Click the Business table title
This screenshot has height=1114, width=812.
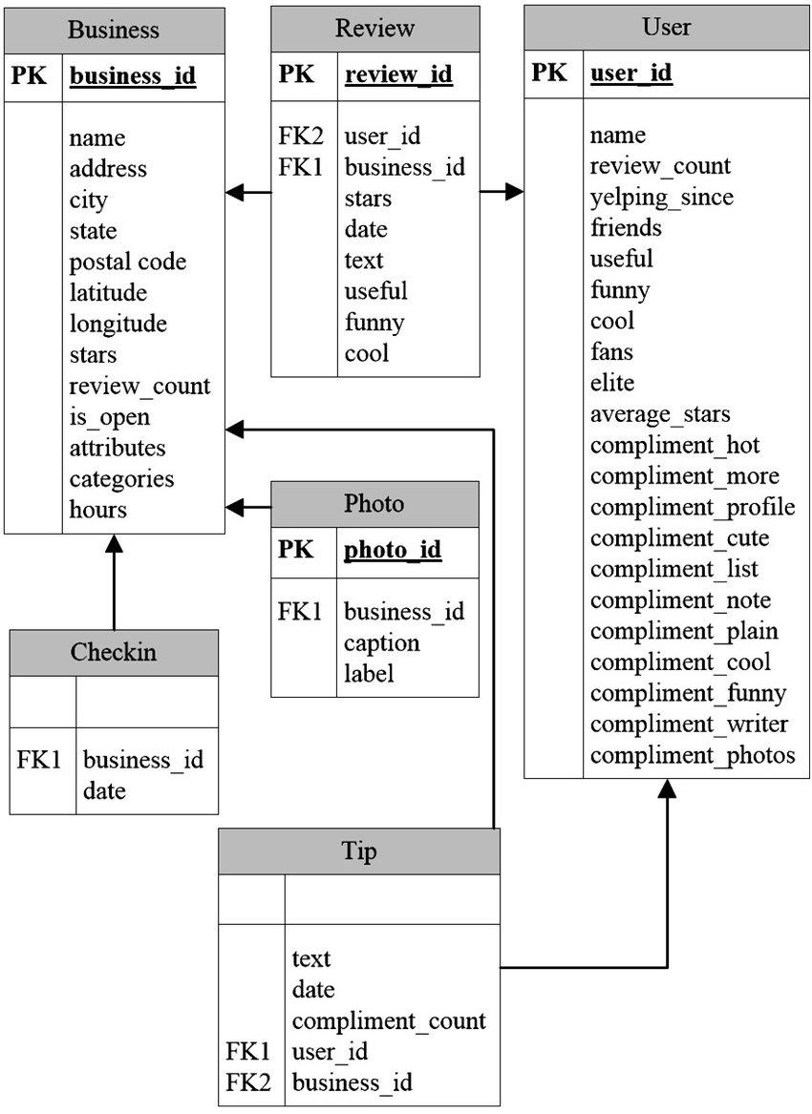pos(113,30)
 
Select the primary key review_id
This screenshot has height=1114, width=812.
pos(398,74)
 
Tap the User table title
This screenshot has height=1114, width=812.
pos(666,27)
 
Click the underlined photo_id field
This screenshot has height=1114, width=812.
pos(393,550)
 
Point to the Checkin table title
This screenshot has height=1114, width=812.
pos(113,652)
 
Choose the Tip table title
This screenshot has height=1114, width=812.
pos(358,851)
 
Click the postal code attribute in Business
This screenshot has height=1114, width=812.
pos(128,262)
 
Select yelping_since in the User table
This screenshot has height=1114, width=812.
pos(661,198)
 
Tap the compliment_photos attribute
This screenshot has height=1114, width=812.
pos(693,755)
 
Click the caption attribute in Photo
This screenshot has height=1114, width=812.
pos(382,643)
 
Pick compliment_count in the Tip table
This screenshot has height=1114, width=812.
pos(389,1021)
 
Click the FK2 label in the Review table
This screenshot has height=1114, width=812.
pos(301,136)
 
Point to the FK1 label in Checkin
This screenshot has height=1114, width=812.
pos(40,760)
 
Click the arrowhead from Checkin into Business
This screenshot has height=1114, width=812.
pos(114,543)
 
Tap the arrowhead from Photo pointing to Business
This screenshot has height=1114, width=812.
pos(235,508)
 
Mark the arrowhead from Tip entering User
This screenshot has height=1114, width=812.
pos(667,788)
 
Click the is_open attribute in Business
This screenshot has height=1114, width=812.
pos(110,418)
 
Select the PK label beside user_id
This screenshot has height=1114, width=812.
pos(549,73)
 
